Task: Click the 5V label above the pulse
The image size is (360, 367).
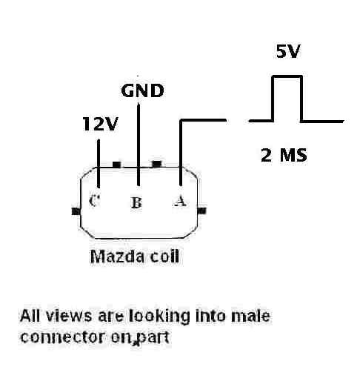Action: (x=288, y=51)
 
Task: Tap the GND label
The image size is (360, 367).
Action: (x=142, y=90)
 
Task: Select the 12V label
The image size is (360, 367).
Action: (x=100, y=124)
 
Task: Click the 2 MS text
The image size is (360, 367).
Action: (x=284, y=155)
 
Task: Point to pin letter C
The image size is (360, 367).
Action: (x=94, y=200)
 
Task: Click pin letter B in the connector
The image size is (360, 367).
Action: (x=136, y=202)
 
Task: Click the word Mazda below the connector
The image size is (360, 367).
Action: (x=117, y=257)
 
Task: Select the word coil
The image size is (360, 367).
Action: (x=164, y=257)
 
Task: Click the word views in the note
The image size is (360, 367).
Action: (x=69, y=316)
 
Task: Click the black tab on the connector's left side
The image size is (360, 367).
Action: (x=76, y=211)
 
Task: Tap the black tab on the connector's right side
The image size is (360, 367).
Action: (x=201, y=211)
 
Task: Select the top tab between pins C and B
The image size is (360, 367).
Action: (x=117, y=165)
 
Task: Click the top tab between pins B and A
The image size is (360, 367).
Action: (x=156, y=164)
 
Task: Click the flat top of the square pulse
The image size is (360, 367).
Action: (x=287, y=76)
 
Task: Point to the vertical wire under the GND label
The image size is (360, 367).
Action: (x=139, y=145)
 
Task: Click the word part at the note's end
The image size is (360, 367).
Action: (x=153, y=338)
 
